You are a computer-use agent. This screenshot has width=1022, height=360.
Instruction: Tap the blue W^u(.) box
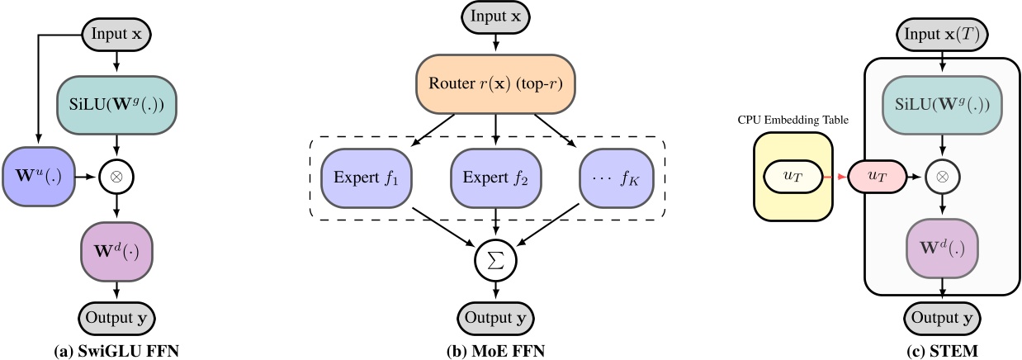[x=37, y=176]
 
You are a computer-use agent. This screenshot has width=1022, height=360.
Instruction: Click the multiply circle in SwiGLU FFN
[x=116, y=176]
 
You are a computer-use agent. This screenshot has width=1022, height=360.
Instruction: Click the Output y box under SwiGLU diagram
[x=116, y=317]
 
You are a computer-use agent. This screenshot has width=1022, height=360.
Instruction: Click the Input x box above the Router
[x=494, y=17]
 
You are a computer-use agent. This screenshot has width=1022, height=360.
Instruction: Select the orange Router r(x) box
[x=494, y=83]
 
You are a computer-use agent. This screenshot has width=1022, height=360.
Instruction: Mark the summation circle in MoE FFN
[x=494, y=259]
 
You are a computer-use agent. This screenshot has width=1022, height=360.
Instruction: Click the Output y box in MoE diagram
[x=494, y=317]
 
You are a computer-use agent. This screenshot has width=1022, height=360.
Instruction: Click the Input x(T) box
[x=942, y=36]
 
